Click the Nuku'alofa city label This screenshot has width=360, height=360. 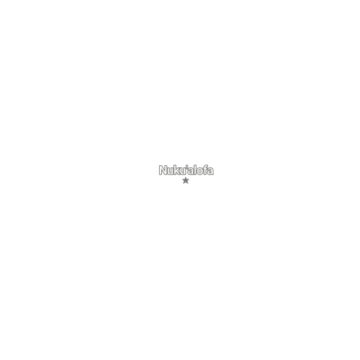186,170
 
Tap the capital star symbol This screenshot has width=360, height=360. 185,181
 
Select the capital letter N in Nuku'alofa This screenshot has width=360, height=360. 163,170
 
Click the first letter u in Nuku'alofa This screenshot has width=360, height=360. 170,171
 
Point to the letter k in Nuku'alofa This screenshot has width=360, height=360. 177,170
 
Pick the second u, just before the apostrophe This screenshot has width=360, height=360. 182,171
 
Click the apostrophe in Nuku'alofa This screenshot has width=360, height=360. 187,167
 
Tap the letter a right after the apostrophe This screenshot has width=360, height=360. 191,171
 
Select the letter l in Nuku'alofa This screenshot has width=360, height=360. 195,170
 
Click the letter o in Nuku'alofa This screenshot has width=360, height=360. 200,171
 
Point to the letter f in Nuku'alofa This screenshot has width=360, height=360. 205,170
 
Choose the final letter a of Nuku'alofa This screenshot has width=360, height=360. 211,171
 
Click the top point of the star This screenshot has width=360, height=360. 185,177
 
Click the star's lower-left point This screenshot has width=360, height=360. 183,184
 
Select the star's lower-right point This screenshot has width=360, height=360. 188,184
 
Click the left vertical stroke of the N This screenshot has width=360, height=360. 160,170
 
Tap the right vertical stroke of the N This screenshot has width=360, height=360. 165,170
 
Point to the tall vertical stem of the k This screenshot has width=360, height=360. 175,170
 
